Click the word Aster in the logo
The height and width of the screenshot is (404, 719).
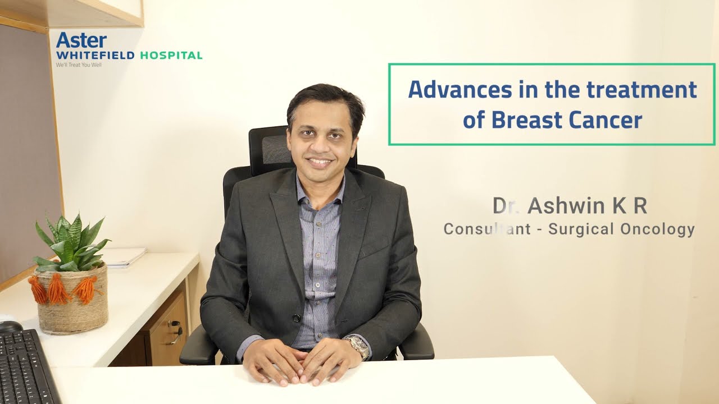coord(81,40)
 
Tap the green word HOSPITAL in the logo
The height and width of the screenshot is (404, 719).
coord(171,56)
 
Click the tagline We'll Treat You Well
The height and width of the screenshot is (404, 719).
coord(79,65)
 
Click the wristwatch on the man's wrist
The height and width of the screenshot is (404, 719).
coord(357,346)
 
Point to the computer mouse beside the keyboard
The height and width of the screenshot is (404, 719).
coord(10,325)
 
